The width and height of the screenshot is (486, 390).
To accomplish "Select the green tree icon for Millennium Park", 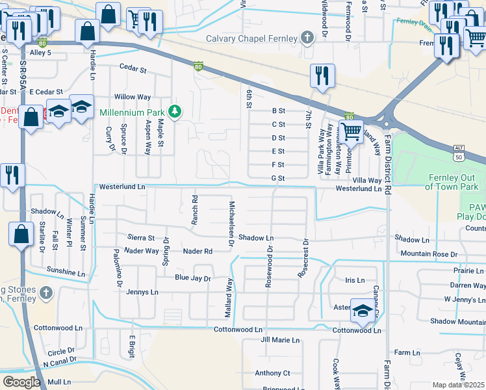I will pyautogui.click(x=174, y=112).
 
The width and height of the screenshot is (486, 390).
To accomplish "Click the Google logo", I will pyautogui.click(x=21, y=382).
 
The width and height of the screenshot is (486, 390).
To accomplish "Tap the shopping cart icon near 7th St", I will pyautogui.click(x=351, y=131).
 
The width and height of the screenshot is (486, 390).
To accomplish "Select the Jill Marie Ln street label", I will pyautogui.click(x=280, y=340).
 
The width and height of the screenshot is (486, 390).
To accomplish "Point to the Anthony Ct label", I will pyautogui.click(x=272, y=373).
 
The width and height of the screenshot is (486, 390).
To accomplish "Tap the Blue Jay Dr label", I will pyautogui.click(x=193, y=278).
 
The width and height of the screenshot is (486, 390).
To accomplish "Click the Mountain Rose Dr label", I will pyautogui.click(x=429, y=253).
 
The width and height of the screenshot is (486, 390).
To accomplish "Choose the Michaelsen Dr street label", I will pyautogui.click(x=231, y=224).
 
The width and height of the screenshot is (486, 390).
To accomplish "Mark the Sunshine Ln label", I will pyautogui.click(x=66, y=269).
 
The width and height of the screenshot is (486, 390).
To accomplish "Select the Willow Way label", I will pyautogui.click(x=133, y=97).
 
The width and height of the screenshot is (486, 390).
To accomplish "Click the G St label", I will pyautogui.click(x=278, y=177).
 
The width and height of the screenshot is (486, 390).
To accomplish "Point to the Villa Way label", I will pyautogui.click(x=367, y=180).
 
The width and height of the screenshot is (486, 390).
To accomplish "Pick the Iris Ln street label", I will pyautogui.click(x=355, y=280).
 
